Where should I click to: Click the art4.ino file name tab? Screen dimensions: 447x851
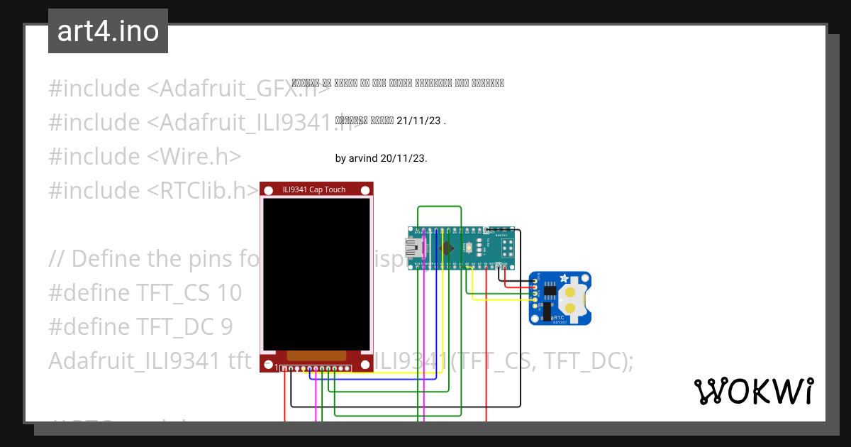(x=108, y=31)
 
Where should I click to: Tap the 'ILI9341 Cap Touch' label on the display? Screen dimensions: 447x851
(x=314, y=189)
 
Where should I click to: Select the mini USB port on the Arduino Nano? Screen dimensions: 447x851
(x=413, y=248)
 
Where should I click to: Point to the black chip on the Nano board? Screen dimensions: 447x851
(x=447, y=248)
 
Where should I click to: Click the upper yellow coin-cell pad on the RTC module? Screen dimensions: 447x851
(x=569, y=292)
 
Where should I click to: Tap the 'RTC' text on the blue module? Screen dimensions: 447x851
(x=559, y=318)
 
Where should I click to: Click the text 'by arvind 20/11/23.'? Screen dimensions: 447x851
(x=381, y=158)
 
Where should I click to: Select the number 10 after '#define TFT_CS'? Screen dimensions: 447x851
(x=226, y=293)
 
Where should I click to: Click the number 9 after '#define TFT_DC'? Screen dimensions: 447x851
(x=226, y=327)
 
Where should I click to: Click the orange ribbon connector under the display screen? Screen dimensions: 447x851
(x=316, y=355)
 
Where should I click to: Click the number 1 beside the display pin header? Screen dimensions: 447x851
(x=277, y=368)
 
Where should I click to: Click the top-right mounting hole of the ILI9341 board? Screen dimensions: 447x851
(x=365, y=190)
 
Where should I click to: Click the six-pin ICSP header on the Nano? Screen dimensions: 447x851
(x=508, y=247)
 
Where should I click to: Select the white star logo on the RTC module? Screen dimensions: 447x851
(x=564, y=278)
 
